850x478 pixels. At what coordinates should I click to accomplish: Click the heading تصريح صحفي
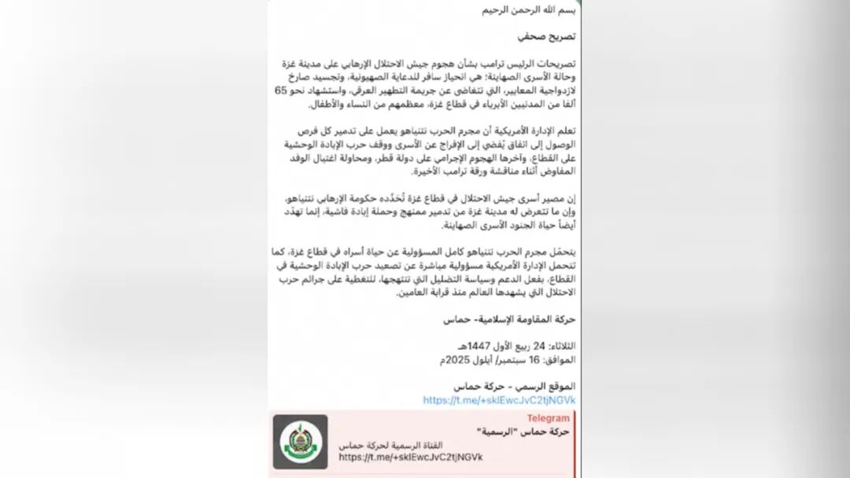pyautogui.click(x=548, y=37)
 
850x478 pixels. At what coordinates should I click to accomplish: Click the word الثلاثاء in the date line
pyautogui.click(x=559, y=346)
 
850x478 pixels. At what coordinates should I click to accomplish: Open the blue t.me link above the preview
pyautogui.click(x=499, y=400)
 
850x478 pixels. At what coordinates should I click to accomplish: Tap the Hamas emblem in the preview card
pyautogui.click(x=300, y=442)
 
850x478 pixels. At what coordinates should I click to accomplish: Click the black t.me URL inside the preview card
pyautogui.click(x=411, y=457)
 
